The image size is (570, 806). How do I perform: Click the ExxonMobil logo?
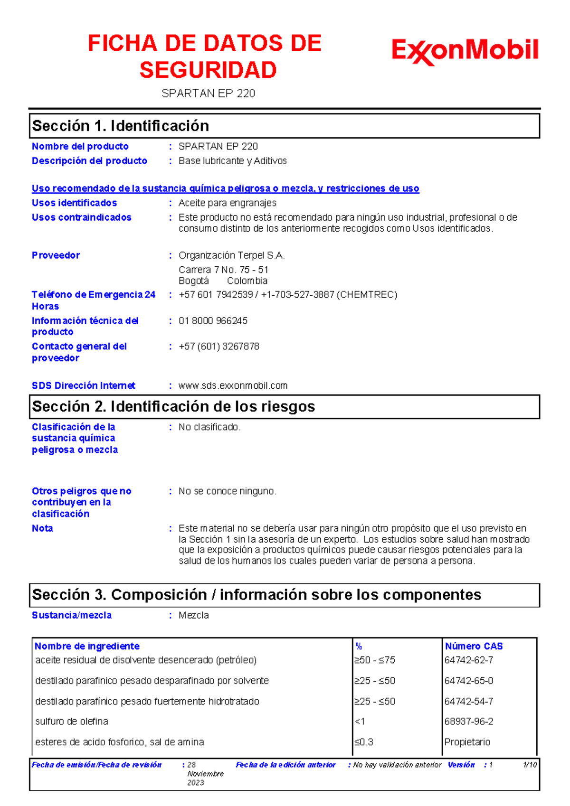tap(465, 51)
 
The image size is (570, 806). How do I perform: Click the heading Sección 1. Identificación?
tap(121, 126)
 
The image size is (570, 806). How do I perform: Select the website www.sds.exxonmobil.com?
tap(233, 385)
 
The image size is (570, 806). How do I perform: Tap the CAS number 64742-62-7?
tap(468, 660)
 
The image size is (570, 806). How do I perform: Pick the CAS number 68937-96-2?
tap(468, 721)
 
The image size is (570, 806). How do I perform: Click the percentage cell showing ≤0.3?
tap(363, 742)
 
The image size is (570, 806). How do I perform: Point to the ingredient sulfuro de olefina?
tap(72, 721)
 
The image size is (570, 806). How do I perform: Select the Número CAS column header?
tap(474, 646)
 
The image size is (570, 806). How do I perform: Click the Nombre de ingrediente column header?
tap(87, 646)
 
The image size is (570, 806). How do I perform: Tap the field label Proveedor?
tap(56, 255)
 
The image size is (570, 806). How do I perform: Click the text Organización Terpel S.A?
tap(231, 255)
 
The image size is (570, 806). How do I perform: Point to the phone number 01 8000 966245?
tap(213, 321)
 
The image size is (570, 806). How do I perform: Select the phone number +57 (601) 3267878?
tap(218, 347)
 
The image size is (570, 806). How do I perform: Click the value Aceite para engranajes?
tap(227, 203)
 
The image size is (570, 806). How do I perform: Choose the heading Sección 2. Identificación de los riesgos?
tap(173, 407)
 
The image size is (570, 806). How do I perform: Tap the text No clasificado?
tap(209, 427)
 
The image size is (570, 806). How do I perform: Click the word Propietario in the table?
tap(467, 742)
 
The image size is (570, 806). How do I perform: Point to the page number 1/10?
tap(530, 765)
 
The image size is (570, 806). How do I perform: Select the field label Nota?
tap(42, 528)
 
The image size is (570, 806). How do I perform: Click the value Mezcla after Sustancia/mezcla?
tap(193, 615)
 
